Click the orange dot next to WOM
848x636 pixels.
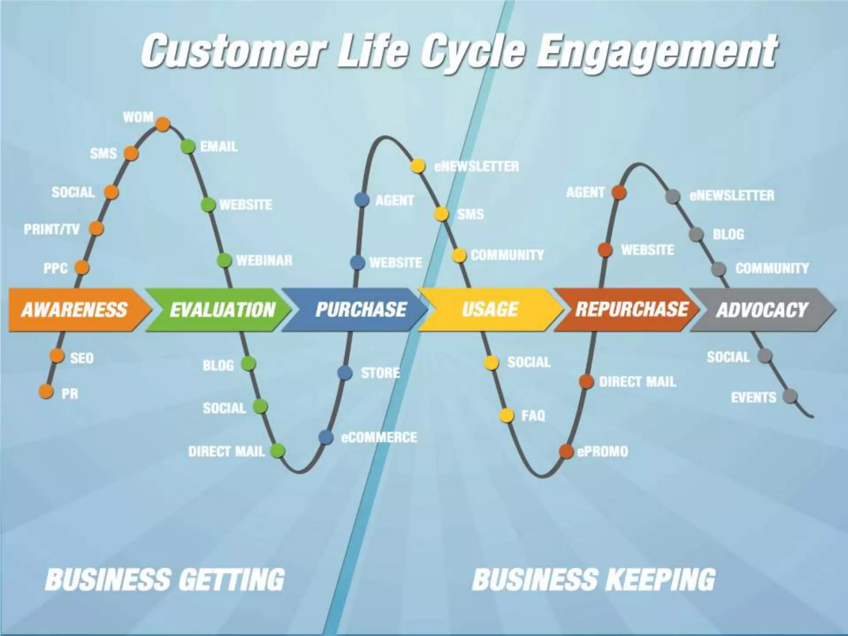coord(163,124)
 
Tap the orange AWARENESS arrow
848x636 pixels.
coord(75,309)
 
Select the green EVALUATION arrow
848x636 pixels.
coord(222,309)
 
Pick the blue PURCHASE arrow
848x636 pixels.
coord(360,309)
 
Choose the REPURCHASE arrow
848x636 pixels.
coord(631,309)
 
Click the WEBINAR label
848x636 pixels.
coord(264,260)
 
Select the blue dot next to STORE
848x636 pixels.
coord(344,373)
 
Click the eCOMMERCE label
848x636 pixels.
coord(379,438)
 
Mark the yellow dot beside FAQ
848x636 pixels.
coord(506,415)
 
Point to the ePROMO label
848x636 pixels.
coord(602,451)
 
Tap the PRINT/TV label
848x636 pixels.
coord(51,229)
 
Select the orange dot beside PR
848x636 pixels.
coord(46,391)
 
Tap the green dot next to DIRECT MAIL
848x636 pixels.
coord(277,450)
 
